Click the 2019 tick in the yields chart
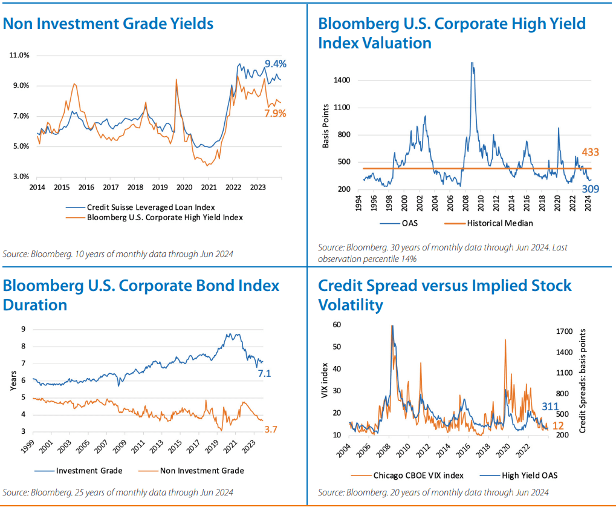(160, 187)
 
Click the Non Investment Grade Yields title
(108, 24)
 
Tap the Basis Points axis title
(326, 126)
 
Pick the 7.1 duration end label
(264, 374)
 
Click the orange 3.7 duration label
(271, 430)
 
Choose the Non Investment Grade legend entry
(202, 470)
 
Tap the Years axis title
(13, 381)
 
